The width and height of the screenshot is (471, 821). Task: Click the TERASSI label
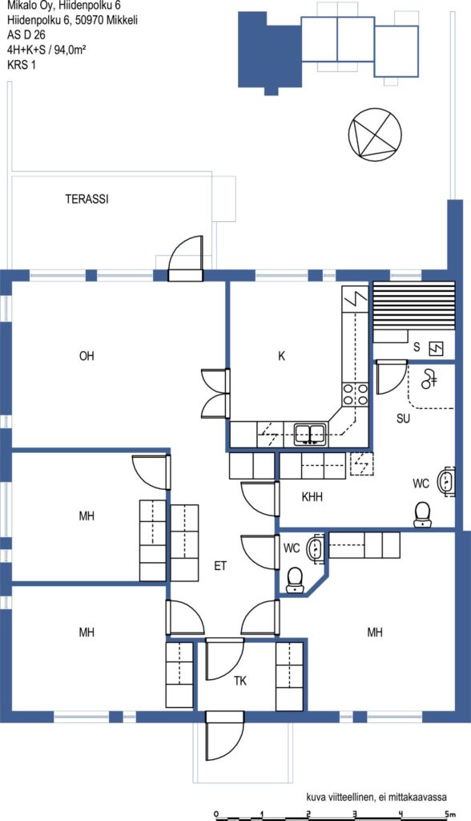(x=87, y=199)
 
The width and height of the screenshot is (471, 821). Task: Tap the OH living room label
(x=87, y=356)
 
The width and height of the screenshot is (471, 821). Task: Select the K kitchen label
(x=281, y=356)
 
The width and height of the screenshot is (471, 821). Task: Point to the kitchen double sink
(x=310, y=434)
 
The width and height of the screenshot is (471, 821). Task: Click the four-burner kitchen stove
(x=356, y=394)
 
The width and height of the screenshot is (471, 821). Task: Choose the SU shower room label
(x=403, y=419)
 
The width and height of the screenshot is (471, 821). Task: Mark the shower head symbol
(x=429, y=378)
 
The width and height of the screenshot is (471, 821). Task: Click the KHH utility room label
(x=312, y=497)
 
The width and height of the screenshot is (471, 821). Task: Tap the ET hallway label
(x=220, y=566)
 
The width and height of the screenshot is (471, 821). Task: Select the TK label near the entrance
(x=240, y=681)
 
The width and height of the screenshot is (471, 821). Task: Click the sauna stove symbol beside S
(x=436, y=348)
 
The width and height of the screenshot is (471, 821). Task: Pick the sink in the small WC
(x=316, y=548)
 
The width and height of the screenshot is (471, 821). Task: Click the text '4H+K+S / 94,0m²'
(x=46, y=51)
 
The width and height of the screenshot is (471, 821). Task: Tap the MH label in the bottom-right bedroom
(x=375, y=633)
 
